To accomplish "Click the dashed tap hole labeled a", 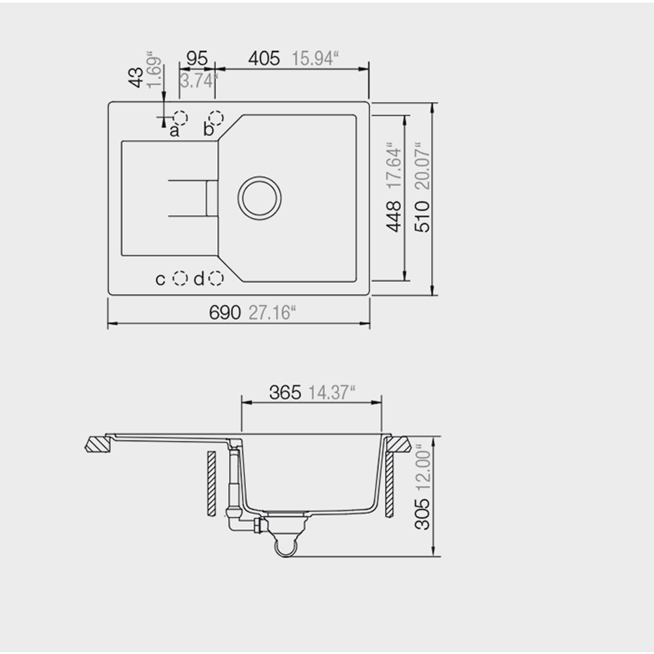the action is coord(181,118).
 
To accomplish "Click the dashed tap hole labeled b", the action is coord(216,118).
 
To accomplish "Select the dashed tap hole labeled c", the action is coord(181,278).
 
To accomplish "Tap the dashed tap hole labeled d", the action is coord(216,278).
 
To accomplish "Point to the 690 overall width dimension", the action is coord(225,312).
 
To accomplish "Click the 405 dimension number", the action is coord(264,58).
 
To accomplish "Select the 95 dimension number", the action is coord(197,58).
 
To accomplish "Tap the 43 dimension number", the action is coord(137,78).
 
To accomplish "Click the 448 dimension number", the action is coord(393,216).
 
